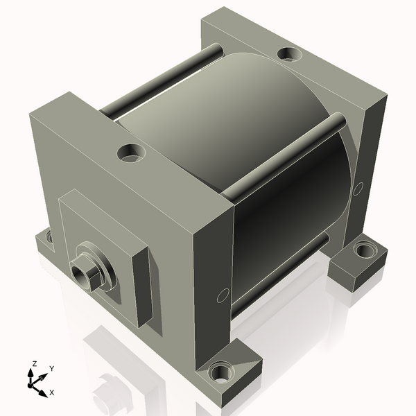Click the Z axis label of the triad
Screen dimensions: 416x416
[x=34, y=363]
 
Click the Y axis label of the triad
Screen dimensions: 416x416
[x=52, y=369]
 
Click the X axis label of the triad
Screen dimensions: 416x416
[x=52, y=392]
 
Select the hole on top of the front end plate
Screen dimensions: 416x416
[x=132, y=153]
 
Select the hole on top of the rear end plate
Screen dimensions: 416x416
[x=289, y=54]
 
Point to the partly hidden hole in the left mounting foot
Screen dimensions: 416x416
[x=49, y=236]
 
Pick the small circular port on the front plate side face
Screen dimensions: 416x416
[x=223, y=295]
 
